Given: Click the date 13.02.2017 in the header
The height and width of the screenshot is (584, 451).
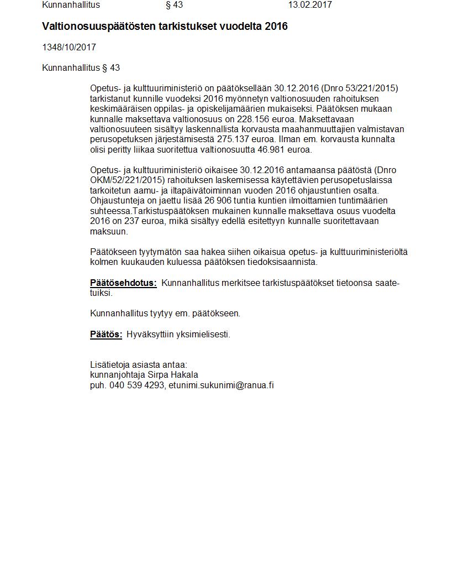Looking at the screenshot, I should coord(310,5).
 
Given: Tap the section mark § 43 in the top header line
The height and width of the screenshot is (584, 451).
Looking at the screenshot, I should coord(174,5).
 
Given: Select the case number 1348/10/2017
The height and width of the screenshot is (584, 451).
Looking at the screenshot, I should coord(69,48).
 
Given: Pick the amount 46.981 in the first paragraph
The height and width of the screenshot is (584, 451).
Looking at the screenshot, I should coord(267,149).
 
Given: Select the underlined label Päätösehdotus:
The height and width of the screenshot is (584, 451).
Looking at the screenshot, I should coord(123,283).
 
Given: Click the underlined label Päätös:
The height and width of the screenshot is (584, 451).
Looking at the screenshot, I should coord(106,335).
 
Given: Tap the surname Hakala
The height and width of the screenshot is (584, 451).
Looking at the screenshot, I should coord(184,375).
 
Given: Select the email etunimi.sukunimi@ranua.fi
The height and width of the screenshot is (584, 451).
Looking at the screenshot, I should coord(221,385).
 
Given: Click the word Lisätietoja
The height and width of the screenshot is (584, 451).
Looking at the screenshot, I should coord(109,365).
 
